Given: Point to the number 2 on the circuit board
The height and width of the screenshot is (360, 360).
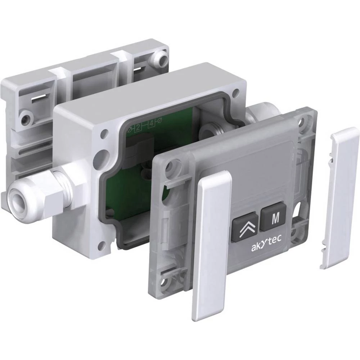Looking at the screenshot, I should point(138,128).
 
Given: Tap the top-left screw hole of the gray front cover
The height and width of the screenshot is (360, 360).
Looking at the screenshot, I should point(172,164).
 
